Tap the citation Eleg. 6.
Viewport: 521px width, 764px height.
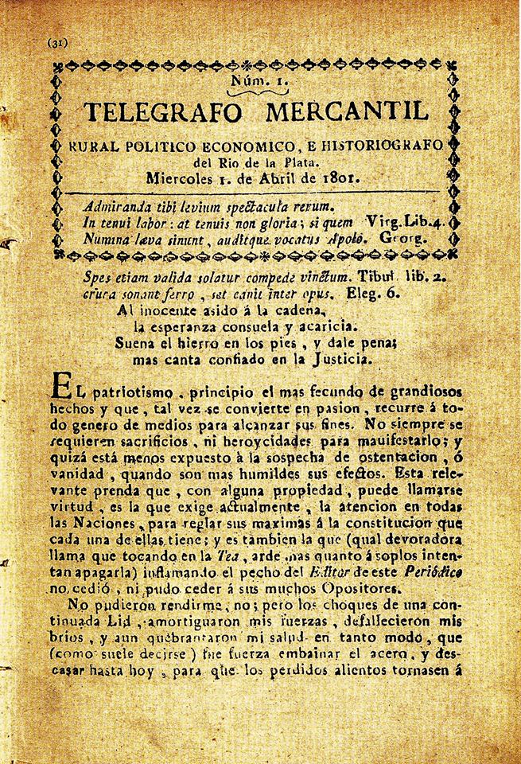[377, 292]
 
